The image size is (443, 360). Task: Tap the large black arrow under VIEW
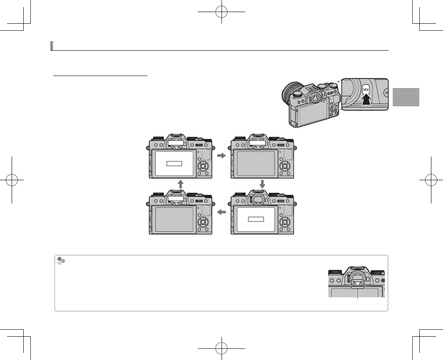pos(366,100)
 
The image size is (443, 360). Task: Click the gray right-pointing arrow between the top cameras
pos(221,156)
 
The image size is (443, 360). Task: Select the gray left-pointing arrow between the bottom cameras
pos(221,212)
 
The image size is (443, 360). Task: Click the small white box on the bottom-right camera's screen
pos(256,219)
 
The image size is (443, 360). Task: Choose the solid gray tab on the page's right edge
pos(406,97)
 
